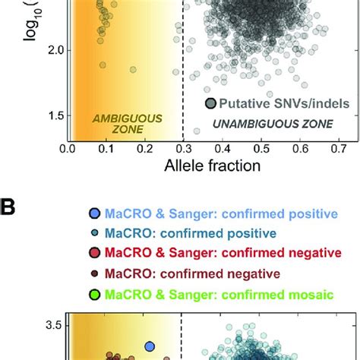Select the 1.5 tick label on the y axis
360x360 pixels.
click(52, 115)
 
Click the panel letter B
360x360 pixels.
click(9, 206)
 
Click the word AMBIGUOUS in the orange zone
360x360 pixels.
click(117, 118)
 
